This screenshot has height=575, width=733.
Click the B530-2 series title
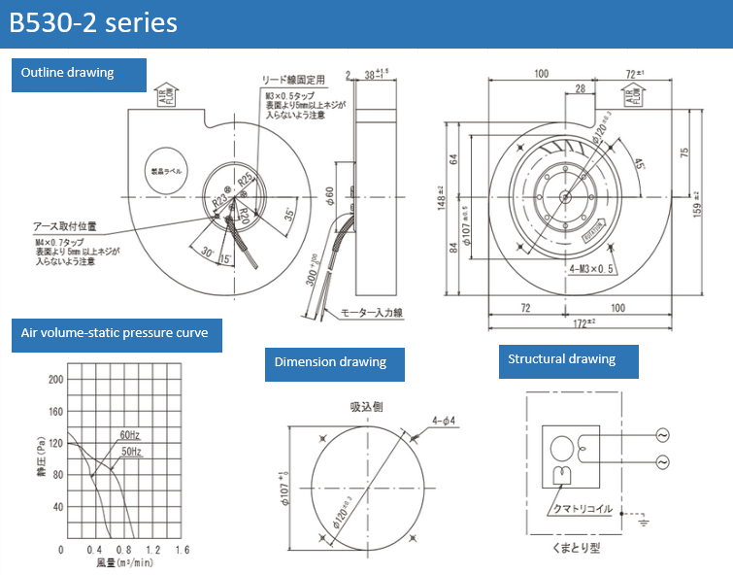[x=93, y=21]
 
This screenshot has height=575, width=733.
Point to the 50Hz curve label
[x=131, y=452]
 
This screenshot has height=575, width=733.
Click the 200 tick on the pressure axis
[x=55, y=380]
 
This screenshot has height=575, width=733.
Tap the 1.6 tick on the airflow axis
[x=182, y=550]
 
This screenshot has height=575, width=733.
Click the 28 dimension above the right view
[x=579, y=88]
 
